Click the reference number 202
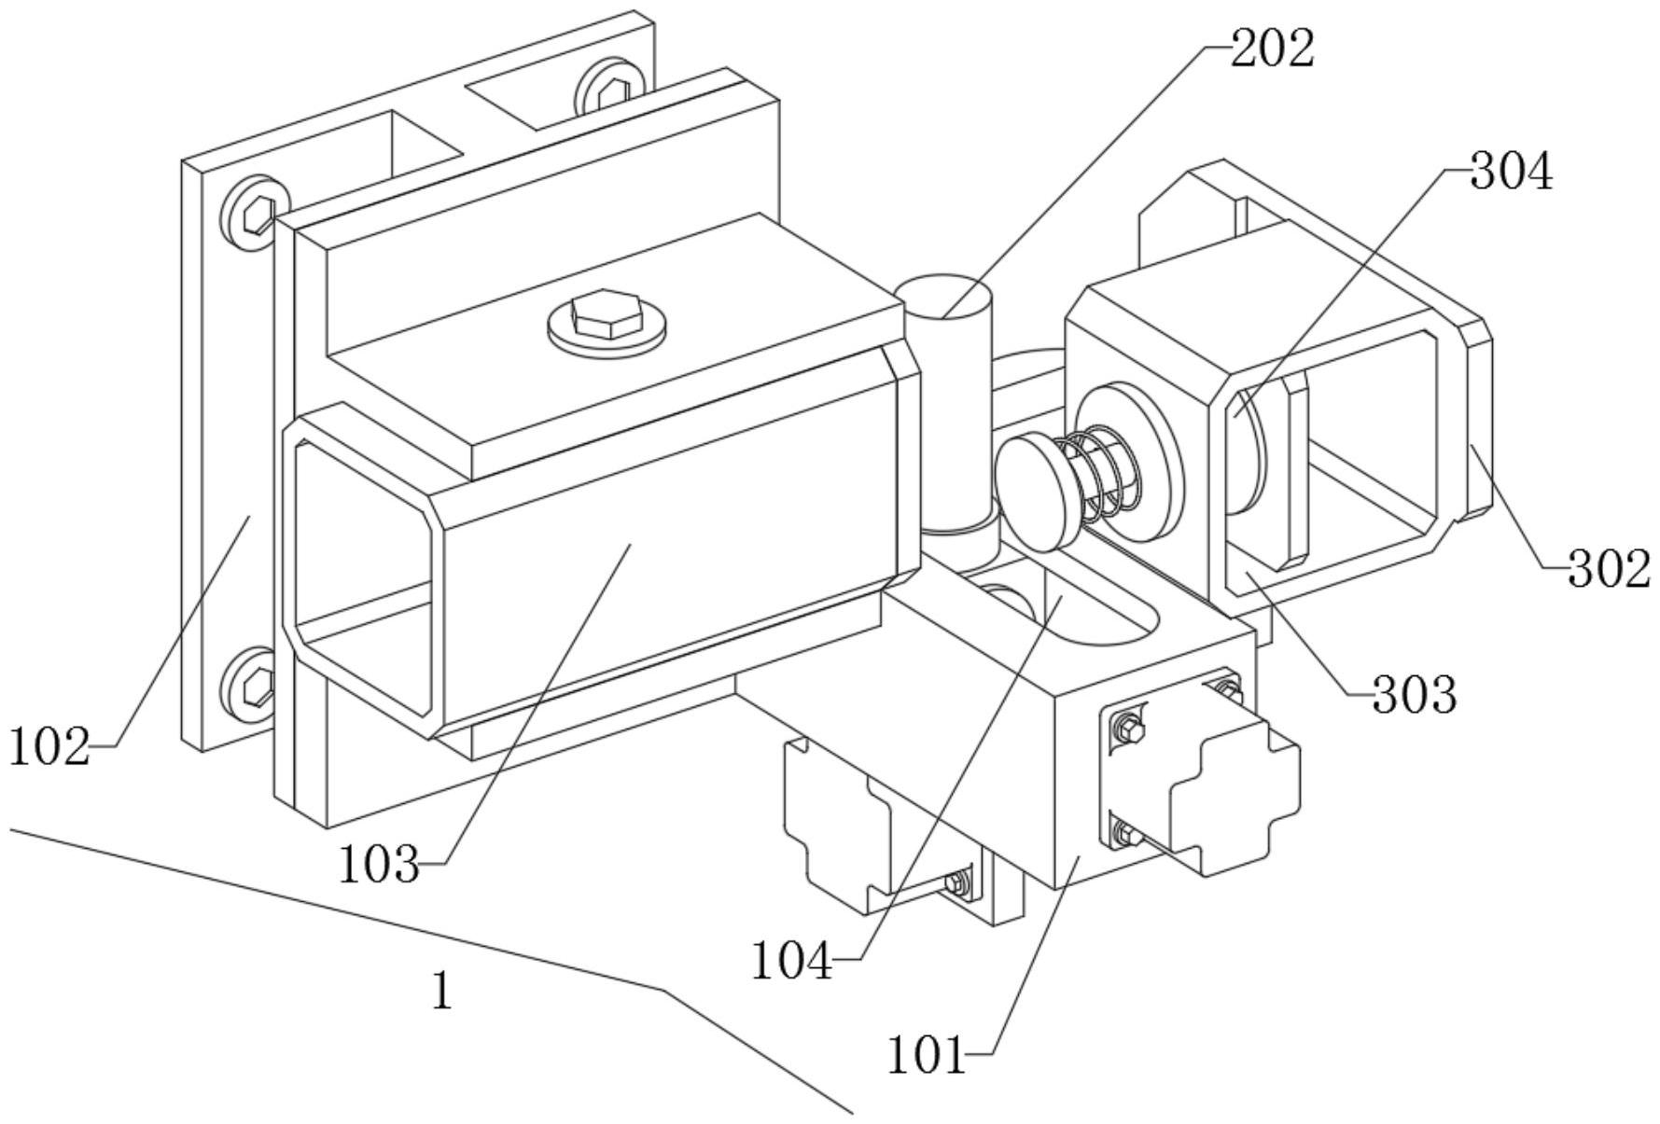(x=1273, y=49)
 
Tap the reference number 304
(x=1512, y=173)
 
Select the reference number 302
(x=1609, y=569)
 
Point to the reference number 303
(x=1414, y=695)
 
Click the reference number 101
(x=926, y=1056)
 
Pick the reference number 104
(x=792, y=961)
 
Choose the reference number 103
(x=379, y=865)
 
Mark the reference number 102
(x=49, y=747)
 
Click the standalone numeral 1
(x=442, y=991)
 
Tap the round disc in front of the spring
(x=1039, y=487)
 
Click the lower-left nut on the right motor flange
(x=1126, y=834)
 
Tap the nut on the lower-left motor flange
(x=958, y=881)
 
